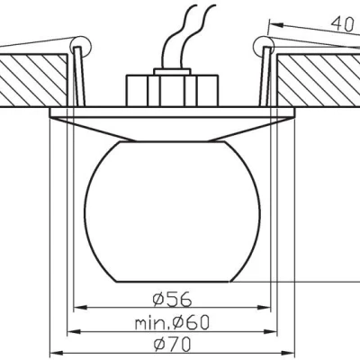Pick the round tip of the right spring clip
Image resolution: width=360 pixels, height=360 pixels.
(264, 43)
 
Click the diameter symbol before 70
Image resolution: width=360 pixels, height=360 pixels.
(160, 344)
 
